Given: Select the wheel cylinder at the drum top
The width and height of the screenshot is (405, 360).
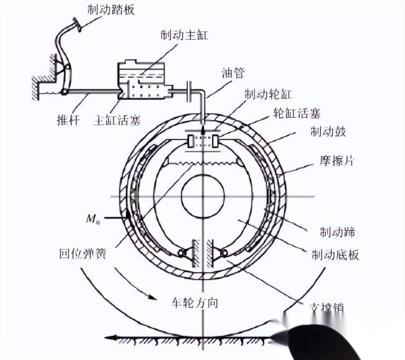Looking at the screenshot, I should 203,141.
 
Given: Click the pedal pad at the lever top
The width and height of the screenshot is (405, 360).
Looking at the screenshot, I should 78,24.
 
